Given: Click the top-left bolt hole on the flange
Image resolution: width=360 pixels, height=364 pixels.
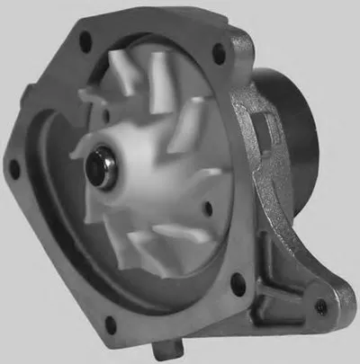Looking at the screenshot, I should click(86, 39).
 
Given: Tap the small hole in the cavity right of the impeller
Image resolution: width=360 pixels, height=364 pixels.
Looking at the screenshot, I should click(209, 208).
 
